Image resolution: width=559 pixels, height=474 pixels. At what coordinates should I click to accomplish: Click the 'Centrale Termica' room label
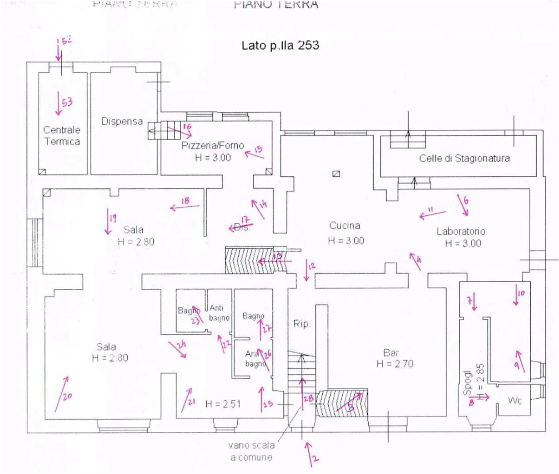point(62,135)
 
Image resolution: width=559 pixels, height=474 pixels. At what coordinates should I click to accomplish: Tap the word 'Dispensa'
point(122,121)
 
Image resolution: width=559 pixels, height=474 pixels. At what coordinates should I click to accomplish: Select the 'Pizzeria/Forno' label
point(213,145)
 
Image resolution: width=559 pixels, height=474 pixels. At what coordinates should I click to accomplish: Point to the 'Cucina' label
point(345,225)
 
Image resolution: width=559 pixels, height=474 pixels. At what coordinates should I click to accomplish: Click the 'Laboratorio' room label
point(461,232)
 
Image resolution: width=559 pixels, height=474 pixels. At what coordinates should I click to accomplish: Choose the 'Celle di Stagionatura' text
point(465,158)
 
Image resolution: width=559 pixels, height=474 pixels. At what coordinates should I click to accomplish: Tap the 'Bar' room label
point(391,353)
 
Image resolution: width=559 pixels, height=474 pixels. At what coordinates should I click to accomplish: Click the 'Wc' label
point(515,400)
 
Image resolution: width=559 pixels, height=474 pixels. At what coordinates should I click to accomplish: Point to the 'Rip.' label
point(301,324)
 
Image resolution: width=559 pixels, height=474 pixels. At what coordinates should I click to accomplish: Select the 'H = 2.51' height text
point(223,404)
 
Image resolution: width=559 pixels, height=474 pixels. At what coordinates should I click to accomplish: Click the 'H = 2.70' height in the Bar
point(395,364)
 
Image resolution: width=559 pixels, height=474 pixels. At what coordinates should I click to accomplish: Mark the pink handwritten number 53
point(67,103)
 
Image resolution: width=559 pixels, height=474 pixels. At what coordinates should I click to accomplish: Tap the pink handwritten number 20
point(67,397)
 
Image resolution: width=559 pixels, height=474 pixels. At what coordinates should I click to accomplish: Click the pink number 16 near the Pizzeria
point(187,127)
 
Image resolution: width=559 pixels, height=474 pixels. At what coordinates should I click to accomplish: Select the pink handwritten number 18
point(185,201)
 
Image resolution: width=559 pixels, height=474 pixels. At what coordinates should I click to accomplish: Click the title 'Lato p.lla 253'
point(280,45)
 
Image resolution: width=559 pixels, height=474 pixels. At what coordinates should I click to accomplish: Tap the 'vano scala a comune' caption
point(252,451)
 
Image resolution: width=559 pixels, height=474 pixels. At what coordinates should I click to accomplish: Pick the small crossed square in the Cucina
point(336,174)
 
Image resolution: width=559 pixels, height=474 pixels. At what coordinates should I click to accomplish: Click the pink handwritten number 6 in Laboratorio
point(466,201)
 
